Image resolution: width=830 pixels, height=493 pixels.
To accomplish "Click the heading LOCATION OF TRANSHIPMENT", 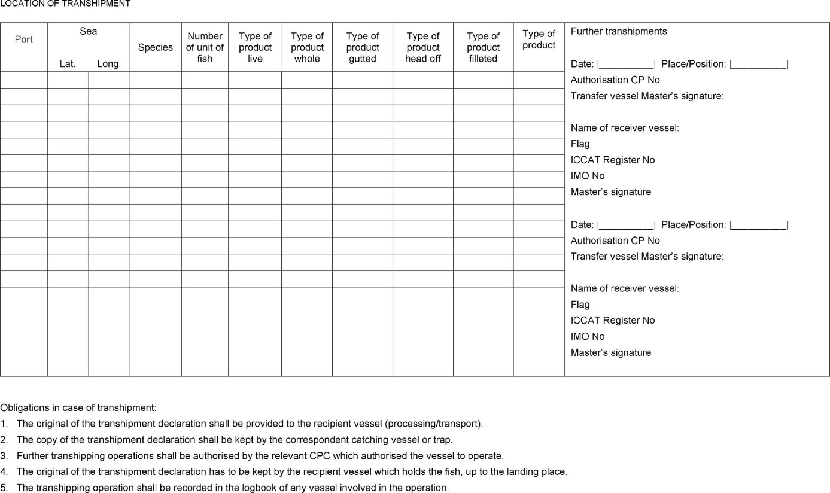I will coord(65,4).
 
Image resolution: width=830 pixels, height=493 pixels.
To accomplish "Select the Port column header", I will coord(24,39).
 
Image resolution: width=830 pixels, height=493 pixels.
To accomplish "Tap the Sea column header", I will coord(89,31).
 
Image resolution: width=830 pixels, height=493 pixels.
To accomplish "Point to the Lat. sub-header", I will coord(68,64).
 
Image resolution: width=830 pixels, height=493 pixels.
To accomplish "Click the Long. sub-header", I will coord(109,64).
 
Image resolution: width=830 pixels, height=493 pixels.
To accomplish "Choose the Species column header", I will coord(156,47).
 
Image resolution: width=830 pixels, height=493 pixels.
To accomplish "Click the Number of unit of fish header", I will coord(205,47).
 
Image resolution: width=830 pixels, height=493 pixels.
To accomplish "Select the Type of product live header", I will coord(255,47).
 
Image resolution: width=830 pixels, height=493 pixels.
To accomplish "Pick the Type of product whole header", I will coord(307,47).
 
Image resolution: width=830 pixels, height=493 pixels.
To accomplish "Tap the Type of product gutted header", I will coord(363,47).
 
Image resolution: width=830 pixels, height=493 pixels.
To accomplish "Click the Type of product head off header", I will coord(423,47).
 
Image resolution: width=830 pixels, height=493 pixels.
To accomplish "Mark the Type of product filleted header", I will coord(483,47).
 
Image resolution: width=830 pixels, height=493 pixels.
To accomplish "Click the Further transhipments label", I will coord(619,31).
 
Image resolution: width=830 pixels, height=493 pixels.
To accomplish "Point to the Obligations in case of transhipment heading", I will coord(78,407).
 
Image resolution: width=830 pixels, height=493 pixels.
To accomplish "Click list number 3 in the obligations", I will coord(4,456).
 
